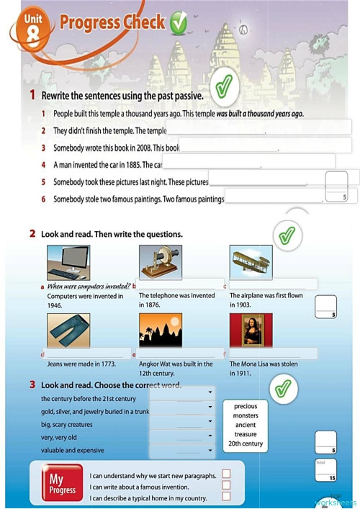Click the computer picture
coord(68,263)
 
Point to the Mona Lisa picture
coord(251,331)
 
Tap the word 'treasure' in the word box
coord(246,434)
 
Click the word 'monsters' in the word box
coord(246,415)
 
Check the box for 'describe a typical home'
coord(226,497)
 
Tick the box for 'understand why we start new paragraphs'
coord(226,474)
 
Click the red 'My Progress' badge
coord(62,485)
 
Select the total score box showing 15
coord(326,471)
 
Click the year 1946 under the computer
coord(55,305)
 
